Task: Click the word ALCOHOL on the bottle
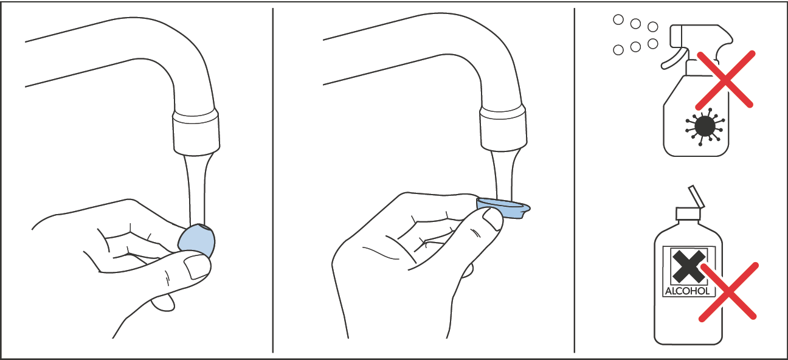pyautogui.click(x=687, y=291)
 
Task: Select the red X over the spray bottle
pyautogui.click(x=725, y=79)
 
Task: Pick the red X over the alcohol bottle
pyautogui.click(x=728, y=291)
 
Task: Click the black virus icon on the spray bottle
pyautogui.click(x=704, y=126)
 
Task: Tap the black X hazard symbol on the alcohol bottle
pyautogui.click(x=688, y=266)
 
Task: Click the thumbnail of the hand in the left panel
pyautogui.click(x=196, y=266)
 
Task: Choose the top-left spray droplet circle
pyautogui.click(x=618, y=20)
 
